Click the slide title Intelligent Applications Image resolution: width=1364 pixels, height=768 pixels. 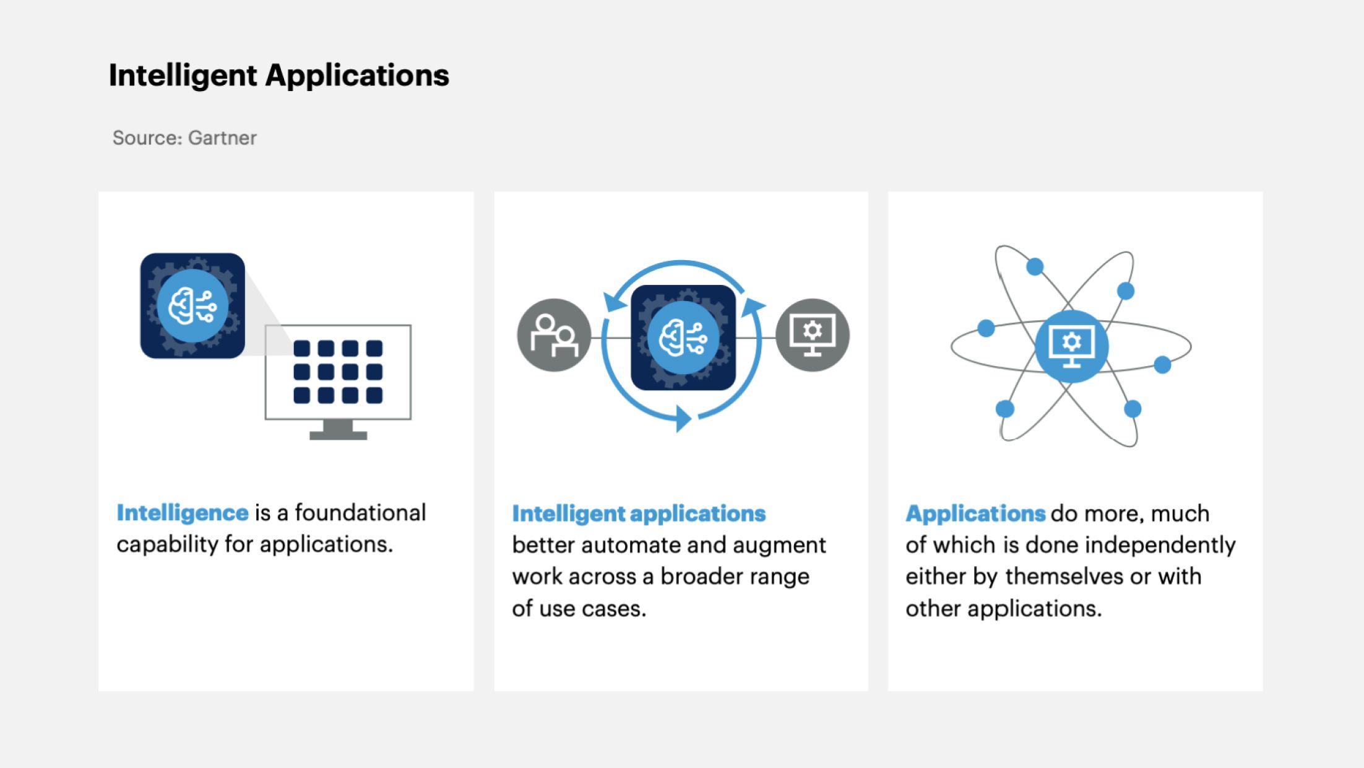(279, 76)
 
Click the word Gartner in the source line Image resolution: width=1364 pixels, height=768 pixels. (222, 137)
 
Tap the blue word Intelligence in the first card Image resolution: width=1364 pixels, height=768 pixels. (183, 513)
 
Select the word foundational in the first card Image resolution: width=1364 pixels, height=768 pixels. (360, 513)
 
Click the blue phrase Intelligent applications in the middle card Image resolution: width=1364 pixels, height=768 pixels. (639, 514)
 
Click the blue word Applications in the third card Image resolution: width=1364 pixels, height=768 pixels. (975, 514)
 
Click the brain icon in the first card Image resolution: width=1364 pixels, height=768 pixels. (192, 306)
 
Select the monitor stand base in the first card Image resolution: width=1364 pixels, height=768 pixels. (338, 435)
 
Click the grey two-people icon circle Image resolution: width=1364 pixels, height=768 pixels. (554, 335)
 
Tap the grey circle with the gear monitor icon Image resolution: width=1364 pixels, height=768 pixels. (813, 335)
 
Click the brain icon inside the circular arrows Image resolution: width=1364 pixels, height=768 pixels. (683, 338)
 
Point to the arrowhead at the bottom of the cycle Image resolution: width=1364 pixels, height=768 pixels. (683, 419)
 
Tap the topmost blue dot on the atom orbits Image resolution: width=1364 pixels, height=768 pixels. (1035, 267)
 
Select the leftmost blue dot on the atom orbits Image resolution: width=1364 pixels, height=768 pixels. (986, 328)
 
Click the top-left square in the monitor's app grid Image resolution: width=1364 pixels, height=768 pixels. (302, 349)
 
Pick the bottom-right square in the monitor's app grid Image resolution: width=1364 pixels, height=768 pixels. (374, 395)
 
